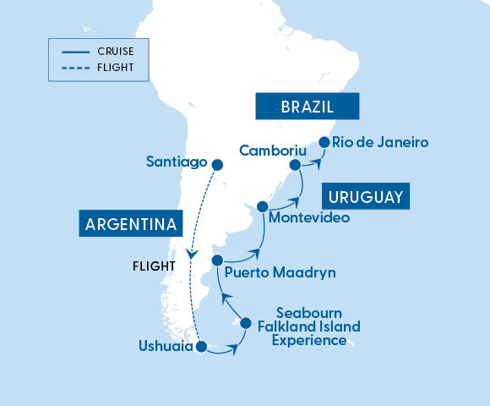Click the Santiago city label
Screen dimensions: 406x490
pyautogui.click(x=177, y=162)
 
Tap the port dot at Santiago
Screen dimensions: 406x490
pyautogui.click(x=217, y=165)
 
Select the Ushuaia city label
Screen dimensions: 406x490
pyautogui.click(x=166, y=347)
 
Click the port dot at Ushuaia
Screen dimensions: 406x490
pyautogui.click(x=201, y=346)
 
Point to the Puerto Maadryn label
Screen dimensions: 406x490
pyautogui.click(x=280, y=273)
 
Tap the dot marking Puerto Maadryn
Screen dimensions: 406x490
pyautogui.click(x=217, y=260)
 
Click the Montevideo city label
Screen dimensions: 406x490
pyautogui.click(x=308, y=217)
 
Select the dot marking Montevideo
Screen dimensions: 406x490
pyautogui.click(x=262, y=206)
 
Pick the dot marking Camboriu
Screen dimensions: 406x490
pyautogui.click(x=296, y=165)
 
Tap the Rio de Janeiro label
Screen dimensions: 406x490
pyautogui.click(x=380, y=142)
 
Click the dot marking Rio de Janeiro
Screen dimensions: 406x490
pyautogui.click(x=323, y=142)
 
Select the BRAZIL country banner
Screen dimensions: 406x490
pyautogui.click(x=308, y=107)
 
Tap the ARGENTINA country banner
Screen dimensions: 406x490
pyautogui.click(x=131, y=225)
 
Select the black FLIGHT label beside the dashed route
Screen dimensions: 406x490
pyautogui.click(x=154, y=266)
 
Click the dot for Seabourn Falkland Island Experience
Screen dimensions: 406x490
pyautogui.click(x=246, y=322)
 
